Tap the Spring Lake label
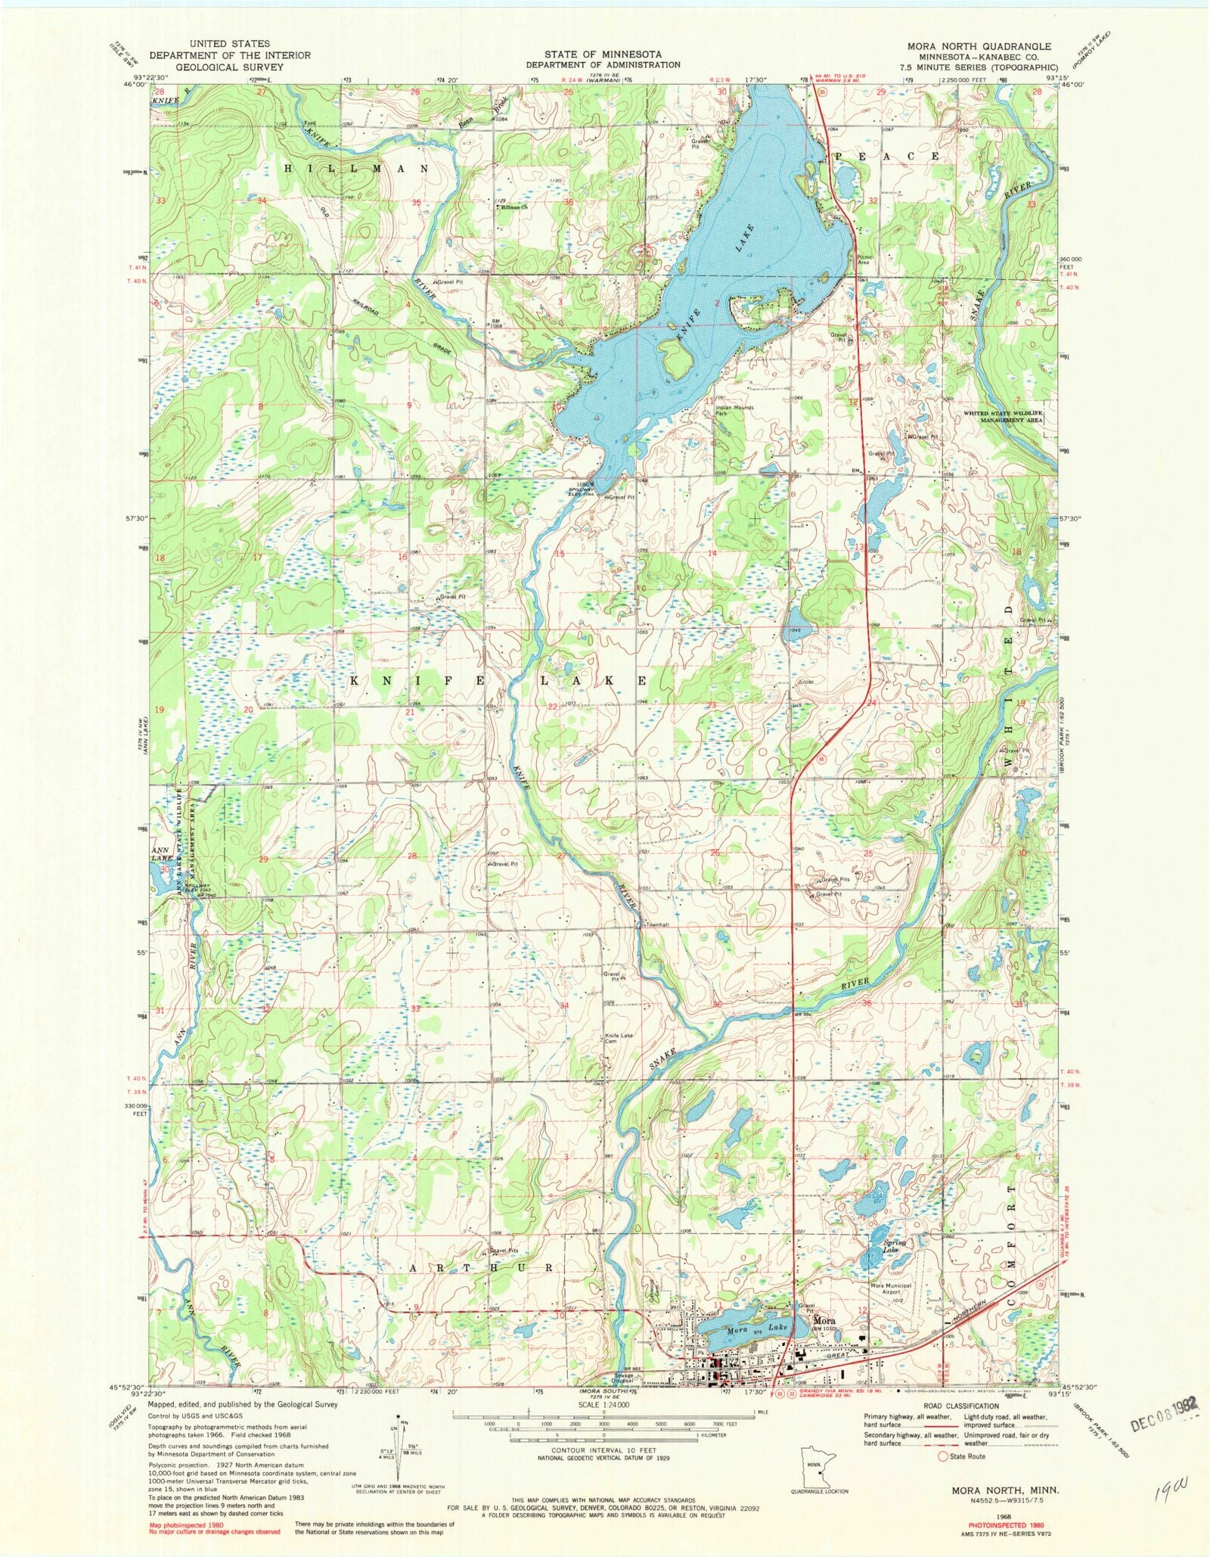pyautogui.click(x=894, y=1246)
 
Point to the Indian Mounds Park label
pyautogui.click(x=734, y=411)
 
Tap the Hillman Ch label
pyautogui.click(x=513, y=207)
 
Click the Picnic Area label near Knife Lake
pyautogui.click(x=864, y=259)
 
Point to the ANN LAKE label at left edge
pyautogui.click(x=160, y=853)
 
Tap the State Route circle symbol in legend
pyautogui.click(x=943, y=1456)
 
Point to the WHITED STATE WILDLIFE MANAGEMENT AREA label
pyautogui.click(x=1002, y=416)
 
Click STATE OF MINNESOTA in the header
pyautogui.click(x=603, y=54)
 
